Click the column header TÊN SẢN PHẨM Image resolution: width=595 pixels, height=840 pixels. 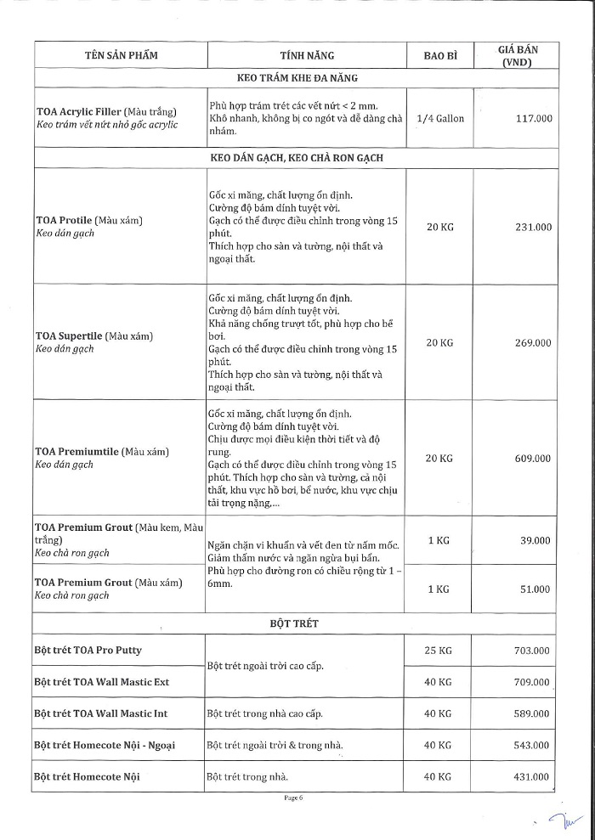pyautogui.click(x=122, y=55)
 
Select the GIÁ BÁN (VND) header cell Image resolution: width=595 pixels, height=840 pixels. pyautogui.click(x=518, y=56)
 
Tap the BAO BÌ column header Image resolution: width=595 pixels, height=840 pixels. pyautogui.click(x=440, y=56)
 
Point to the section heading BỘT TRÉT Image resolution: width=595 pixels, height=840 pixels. pyautogui.click(x=293, y=623)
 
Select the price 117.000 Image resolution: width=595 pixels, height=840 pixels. pyautogui.click(x=534, y=119)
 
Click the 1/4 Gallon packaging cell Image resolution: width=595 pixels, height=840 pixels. pyautogui.click(x=440, y=119)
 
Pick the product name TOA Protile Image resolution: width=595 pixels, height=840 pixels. pyautogui.click(x=65, y=220)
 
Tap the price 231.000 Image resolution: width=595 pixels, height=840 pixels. pyautogui.click(x=534, y=227)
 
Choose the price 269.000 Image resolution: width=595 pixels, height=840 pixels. pyautogui.click(x=534, y=342)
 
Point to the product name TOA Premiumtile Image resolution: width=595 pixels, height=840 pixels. pyautogui.click(x=76, y=451)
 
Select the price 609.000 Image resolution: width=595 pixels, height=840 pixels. pyautogui.click(x=534, y=458)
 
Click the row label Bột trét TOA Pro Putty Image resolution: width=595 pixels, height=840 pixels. pyautogui.click(x=88, y=651)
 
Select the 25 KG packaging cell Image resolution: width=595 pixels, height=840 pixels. pyautogui.click(x=439, y=651)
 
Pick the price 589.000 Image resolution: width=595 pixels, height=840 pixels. pyautogui.click(x=534, y=713)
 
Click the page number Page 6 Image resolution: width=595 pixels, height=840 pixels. pyautogui.click(x=293, y=799)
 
